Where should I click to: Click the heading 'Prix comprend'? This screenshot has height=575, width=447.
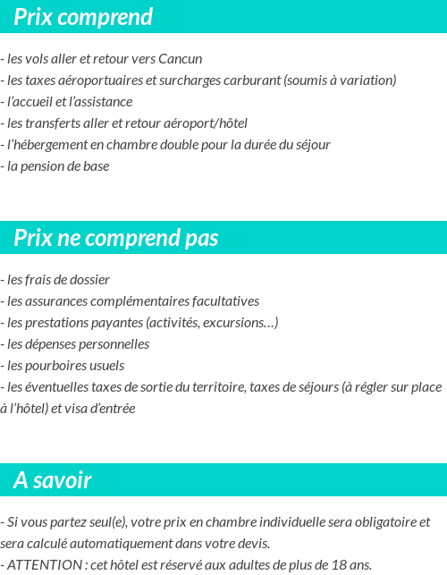83,17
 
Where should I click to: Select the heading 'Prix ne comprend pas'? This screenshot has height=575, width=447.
115,238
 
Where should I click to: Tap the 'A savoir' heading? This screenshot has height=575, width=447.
53,480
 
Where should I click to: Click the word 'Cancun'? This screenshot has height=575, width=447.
181,59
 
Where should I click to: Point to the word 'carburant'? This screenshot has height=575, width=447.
251,80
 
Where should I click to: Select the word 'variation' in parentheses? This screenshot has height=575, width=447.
367,80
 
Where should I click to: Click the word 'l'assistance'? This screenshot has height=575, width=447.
100,102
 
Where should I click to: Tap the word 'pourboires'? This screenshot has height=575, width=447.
53,366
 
